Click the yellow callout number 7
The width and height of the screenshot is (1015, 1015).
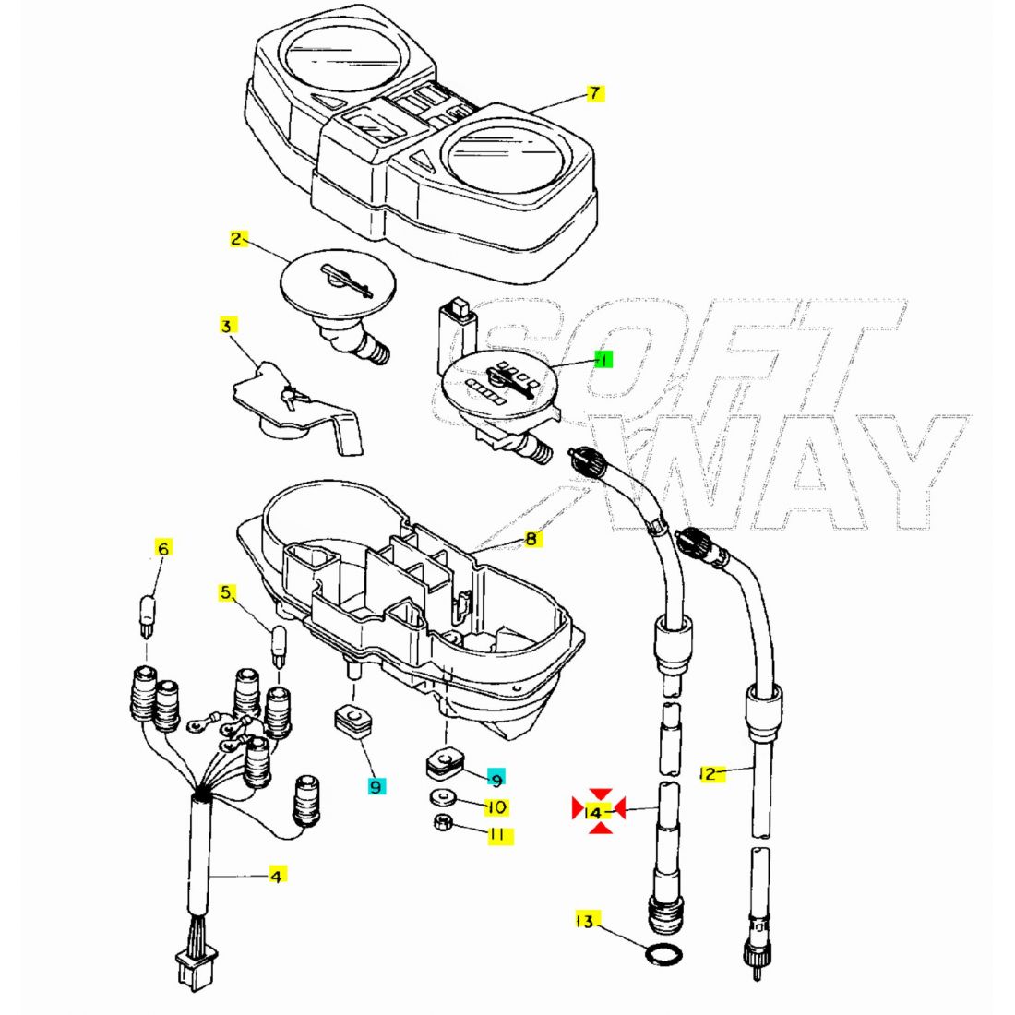pyautogui.click(x=595, y=93)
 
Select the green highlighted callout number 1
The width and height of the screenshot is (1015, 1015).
pyautogui.click(x=603, y=360)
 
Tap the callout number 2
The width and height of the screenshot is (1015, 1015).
pyautogui.click(x=237, y=240)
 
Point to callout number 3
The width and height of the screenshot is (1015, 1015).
pyautogui.click(x=228, y=326)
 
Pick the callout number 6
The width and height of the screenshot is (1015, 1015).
pyautogui.click(x=163, y=549)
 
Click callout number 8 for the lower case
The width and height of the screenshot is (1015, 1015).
pyautogui.click(x=531, y=539)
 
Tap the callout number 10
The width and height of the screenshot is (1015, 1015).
pyautogui.click(x=496, y=807)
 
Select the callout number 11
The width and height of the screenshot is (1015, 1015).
pyautogui.click(x=496, y=835)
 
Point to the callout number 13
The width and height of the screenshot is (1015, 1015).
pyautogui.click(x=585, y=921)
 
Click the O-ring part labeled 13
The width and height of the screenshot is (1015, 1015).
pyautogui.click(x=663, y=955)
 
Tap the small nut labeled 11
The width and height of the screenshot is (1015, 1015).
pyautogui.click(x=442, y=823)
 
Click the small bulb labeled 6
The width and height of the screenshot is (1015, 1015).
pyautogui.click(x=149, y=614)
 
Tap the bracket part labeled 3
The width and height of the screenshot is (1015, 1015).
pyautogui.click(x=295, y=406)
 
